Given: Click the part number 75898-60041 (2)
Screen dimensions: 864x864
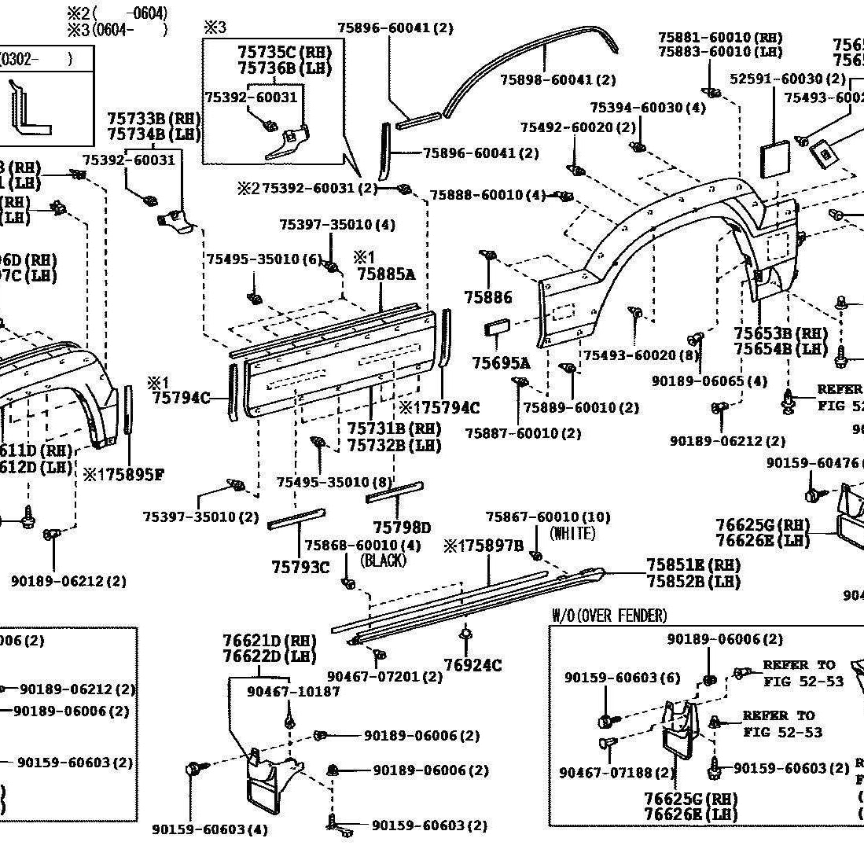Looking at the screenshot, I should tap(558, 80).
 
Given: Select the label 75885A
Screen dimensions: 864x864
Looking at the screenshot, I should tap(385, 274).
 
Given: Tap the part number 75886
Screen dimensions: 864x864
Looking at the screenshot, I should tap(487, 297).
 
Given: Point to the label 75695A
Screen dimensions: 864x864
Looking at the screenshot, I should tap(501, 362).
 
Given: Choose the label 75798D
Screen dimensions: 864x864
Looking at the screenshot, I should tap(402, 528).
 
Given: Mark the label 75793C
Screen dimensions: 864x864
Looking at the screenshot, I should tap(300, 567).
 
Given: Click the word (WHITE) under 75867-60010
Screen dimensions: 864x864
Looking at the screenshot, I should tap(572, 534).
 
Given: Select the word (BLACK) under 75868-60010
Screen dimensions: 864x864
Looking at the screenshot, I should tap(383, 561).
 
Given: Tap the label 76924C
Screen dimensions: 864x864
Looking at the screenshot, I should tap(472, 666).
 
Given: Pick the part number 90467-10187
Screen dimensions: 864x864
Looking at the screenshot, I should tap(293, 691).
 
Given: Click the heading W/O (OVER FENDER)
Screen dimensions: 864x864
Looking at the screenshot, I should tap(609, 616).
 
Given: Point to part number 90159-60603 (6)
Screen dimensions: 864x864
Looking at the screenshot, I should tap(623, 678).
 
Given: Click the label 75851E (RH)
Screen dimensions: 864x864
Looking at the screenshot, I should tap(693, 565).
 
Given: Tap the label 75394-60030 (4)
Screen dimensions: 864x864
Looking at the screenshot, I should tap(648, 108).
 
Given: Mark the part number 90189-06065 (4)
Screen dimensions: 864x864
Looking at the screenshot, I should tap(709, 381).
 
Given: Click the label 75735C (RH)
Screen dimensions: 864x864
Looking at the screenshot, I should tap(285, 52).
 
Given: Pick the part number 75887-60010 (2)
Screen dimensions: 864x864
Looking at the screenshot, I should tap(523, 433).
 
